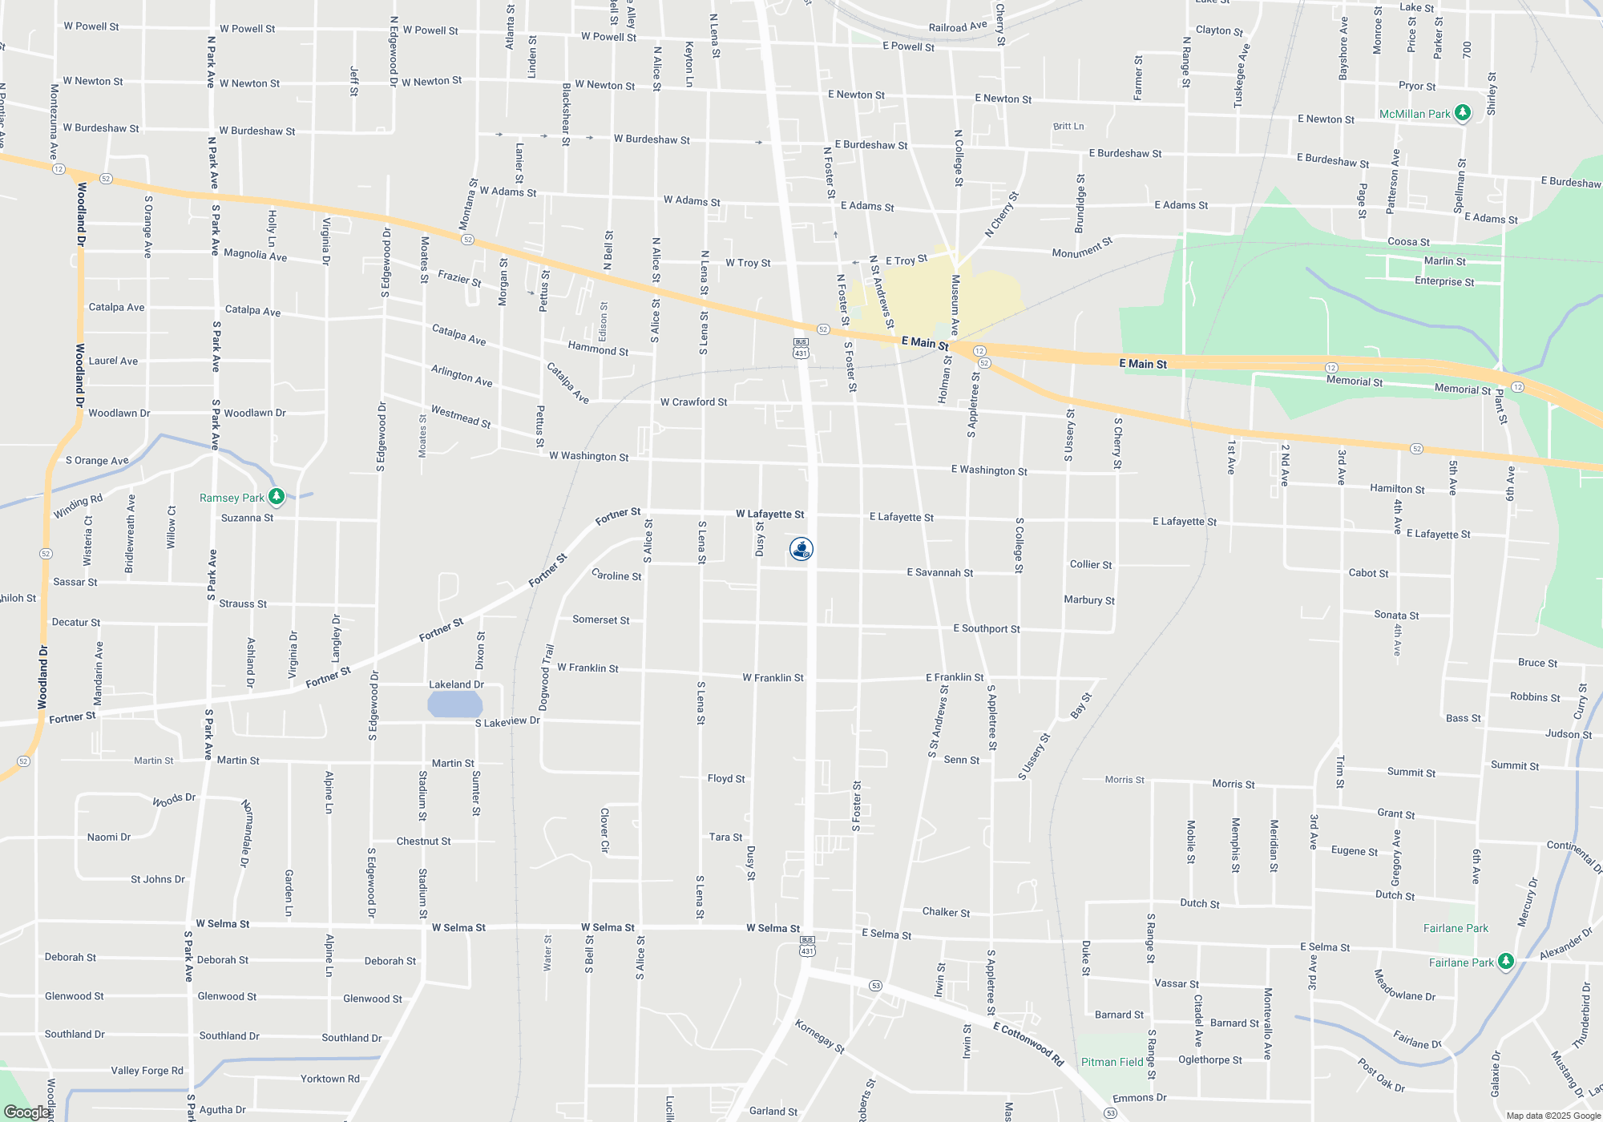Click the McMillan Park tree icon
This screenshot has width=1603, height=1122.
tap(1462, 113)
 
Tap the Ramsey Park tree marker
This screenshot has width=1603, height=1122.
tap(277, 498)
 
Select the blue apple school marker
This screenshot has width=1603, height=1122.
tap(801, 549)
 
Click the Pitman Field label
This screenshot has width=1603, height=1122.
tap(1112, 1062)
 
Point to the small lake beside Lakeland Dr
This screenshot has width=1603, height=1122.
tap(454, 704)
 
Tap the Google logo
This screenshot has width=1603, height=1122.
tap(26, 1112)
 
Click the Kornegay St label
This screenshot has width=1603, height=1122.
tap(819, 1036)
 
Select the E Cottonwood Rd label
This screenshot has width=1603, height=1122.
tap(1028, 1043)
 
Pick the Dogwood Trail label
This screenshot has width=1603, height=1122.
tap(547, 677)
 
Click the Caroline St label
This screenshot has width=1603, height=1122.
tap(616, 575)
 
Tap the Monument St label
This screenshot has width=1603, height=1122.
tap(1082, 248)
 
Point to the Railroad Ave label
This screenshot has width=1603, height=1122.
tap(958, 26)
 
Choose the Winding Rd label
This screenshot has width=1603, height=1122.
tap(78, 507)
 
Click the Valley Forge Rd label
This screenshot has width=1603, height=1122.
tap(147, 1071)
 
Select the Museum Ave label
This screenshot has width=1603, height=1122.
tap(955, 305)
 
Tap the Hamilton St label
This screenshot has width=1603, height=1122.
tap(1397, 489)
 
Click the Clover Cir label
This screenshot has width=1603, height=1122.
tap(605, 830)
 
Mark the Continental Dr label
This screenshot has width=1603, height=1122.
tap(1574, 856)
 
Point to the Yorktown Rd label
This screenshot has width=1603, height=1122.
tap(329, 1079)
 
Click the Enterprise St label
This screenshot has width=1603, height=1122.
tap(1444, 281)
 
